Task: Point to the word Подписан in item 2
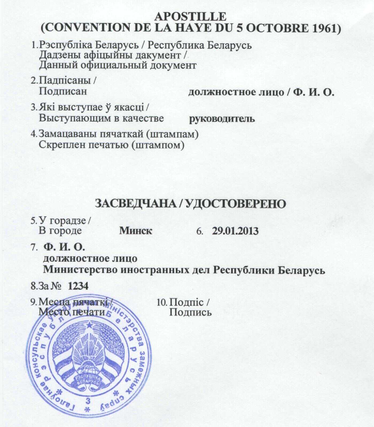click(63, 91)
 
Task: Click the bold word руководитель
click(222, 118)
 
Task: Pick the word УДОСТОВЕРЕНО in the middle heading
click(235, 204)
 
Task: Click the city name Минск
click(136, 231)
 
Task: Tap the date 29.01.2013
click(235, 231)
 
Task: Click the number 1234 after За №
click(78, 286)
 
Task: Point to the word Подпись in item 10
click(191, 312)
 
